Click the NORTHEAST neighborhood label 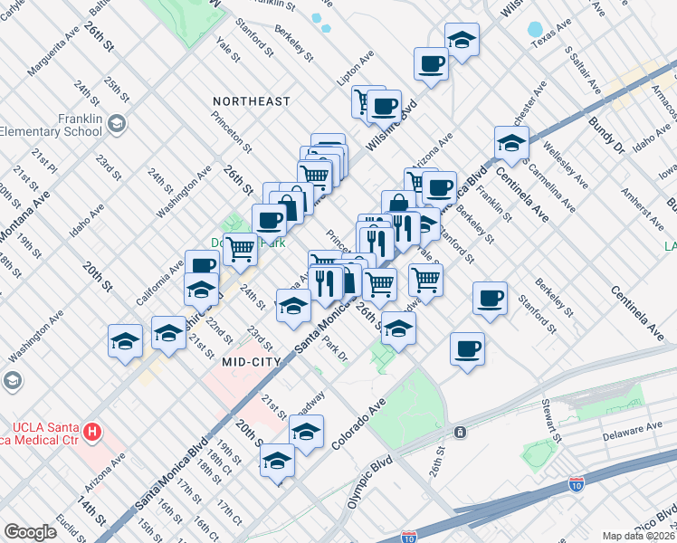[x=251, y=101]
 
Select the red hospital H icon [x=91, y=433]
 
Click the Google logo [x=30, y=532]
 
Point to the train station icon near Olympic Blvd [x=461, y=432]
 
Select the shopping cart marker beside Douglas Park [x=240, y=248]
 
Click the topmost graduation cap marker [x=462, y=40]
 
